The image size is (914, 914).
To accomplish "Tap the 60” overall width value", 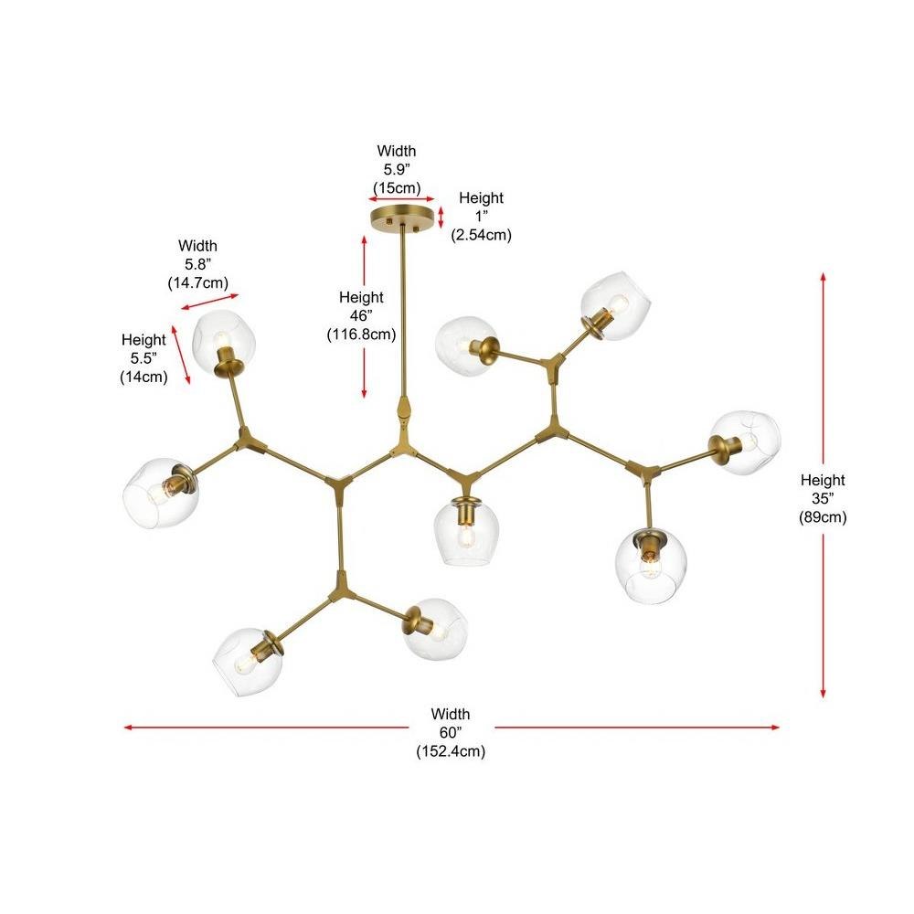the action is pos(450,732).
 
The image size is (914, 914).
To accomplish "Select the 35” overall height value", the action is pos(823,498).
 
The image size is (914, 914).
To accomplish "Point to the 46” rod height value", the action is pos(361,315).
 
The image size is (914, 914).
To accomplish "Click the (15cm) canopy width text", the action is pos(397,187).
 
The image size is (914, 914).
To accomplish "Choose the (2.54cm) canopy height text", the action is pos(481,235).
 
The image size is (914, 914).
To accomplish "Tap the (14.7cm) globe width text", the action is pos(197,282).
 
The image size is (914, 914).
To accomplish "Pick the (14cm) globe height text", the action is pos(144,377).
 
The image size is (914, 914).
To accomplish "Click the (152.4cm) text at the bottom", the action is pos(451,750).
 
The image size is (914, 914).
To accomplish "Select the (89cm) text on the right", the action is pos(823,517).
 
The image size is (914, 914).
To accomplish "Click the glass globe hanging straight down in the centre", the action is pos(464,532).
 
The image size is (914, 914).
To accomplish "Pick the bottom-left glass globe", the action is pos(247,662).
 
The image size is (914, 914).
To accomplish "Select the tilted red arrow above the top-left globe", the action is pos(209,302).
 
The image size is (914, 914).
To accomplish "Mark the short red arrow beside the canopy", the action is pos(441,218).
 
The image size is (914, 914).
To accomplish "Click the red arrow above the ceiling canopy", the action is pos(401,199).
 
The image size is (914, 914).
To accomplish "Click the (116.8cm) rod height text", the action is pos(361,334).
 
